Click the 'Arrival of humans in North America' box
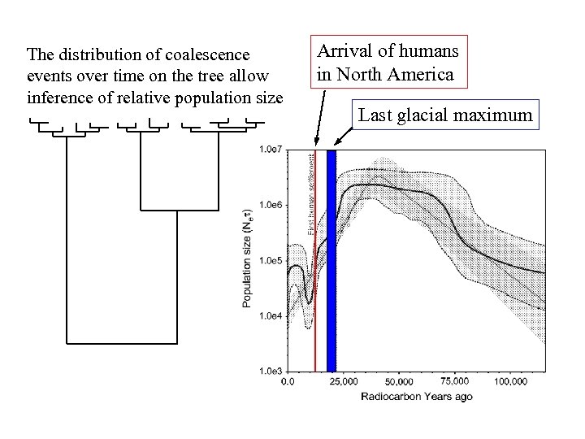[388, 63]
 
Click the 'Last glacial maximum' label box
[446, 115]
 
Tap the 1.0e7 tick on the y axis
[271, 150]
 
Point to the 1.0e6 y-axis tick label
[271, 205]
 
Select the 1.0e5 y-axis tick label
[271, 260]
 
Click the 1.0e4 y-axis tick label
[271, 315]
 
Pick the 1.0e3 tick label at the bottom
[271, 370]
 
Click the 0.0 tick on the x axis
[288, 381]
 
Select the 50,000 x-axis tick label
[399, 381]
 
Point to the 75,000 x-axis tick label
[454, 380]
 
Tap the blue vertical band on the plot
[331, 260]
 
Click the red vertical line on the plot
[315, 309]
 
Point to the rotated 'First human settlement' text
[311, 195]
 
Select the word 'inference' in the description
[58, 99]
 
